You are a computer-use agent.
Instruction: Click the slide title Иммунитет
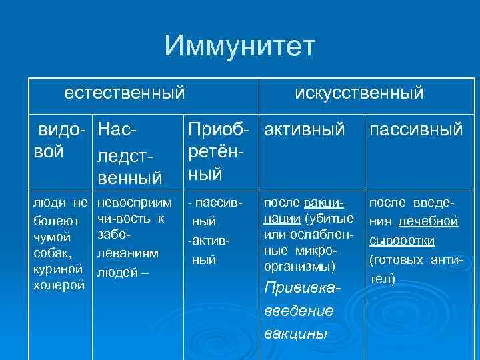click(239, 47)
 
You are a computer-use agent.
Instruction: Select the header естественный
click(124, 93)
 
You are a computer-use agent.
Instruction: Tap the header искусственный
click(359, 93)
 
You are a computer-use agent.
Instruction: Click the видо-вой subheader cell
click(61, 139)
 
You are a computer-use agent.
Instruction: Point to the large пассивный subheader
click(415, 129)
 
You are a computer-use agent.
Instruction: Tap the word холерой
click(59, 285)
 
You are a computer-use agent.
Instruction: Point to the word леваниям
click(128, 254)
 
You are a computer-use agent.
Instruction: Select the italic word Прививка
click(303, 288)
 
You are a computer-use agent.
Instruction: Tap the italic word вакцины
click(295, 333)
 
